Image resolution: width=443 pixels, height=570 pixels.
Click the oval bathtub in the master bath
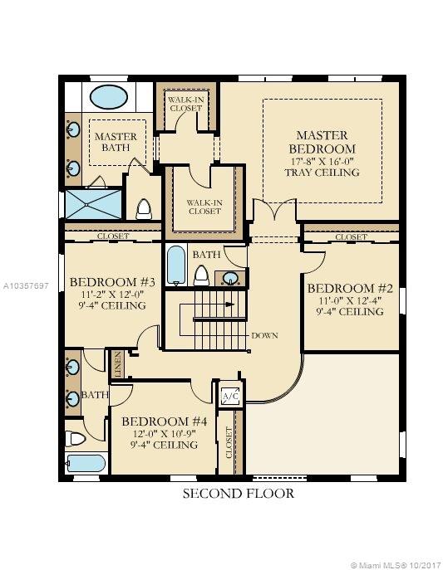coord(109,97)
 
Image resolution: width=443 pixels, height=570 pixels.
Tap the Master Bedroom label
coord(322,142)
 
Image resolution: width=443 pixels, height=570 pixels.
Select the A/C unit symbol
coord(231,396)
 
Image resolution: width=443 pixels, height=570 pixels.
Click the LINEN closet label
coord(118,364)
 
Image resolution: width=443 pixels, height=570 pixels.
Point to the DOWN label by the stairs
coord(264,335)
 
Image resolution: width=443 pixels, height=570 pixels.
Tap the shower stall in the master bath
coord(94,204)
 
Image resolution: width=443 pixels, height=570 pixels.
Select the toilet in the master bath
coord(144,209)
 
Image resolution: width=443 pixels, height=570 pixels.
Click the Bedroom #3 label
coord(112,282)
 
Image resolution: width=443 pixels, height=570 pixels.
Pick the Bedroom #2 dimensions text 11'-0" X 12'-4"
coord(350,300)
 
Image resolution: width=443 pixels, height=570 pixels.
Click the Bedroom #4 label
coord(165,421)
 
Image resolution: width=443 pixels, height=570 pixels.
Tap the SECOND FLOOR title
coord(238,494)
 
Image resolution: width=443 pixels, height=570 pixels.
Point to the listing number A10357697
coord(26,285)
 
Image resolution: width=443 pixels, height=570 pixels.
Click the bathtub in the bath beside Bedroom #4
coord(86,464)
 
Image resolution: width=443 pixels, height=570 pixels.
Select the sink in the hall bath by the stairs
coord(230,279)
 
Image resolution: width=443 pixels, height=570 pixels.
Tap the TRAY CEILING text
coord(322,172)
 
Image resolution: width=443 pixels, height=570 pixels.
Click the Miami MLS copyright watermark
coord(396,565)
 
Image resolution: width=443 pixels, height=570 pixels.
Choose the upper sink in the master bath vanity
coord(73,129)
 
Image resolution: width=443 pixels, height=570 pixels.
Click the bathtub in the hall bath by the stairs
coord(176,266)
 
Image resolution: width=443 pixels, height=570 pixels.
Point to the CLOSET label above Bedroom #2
coord(351,237)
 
